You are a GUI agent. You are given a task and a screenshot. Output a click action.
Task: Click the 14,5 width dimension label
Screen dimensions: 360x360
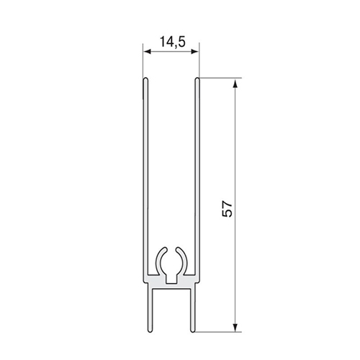[173, 42]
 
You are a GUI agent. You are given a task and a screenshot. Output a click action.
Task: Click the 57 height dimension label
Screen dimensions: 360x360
[228, 210]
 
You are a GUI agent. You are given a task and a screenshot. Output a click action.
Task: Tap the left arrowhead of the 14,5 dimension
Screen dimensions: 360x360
[147, 51]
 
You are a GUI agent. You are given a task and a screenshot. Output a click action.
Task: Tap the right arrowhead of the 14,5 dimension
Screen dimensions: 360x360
[195, 51]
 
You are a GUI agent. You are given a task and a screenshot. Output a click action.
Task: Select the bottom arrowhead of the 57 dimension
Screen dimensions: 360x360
[235, 328]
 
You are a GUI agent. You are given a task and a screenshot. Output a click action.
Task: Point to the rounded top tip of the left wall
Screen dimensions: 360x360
[145, 78]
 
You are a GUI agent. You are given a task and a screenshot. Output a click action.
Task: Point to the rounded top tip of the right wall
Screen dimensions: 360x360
[197, 78]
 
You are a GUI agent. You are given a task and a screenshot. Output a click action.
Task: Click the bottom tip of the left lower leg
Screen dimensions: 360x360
[150, 331]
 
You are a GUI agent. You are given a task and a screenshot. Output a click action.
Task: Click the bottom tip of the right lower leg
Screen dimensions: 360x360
[192, 331]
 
